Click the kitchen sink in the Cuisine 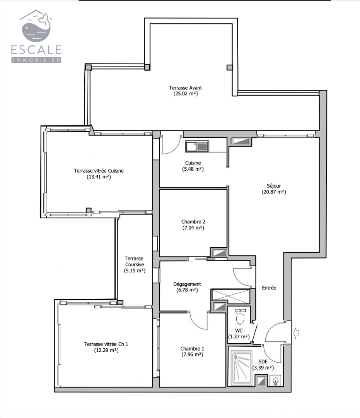pos(197,146)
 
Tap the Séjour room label pos(273,185)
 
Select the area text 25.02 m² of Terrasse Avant pos(185,94)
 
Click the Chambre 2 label pos(193,222)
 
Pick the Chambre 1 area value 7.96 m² pos(192,355)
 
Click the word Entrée pos(269,288)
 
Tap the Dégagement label pos(187,284)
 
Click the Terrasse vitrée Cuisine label pos(99,171)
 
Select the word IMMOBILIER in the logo pos(36,60)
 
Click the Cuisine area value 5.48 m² pos(193,169)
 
